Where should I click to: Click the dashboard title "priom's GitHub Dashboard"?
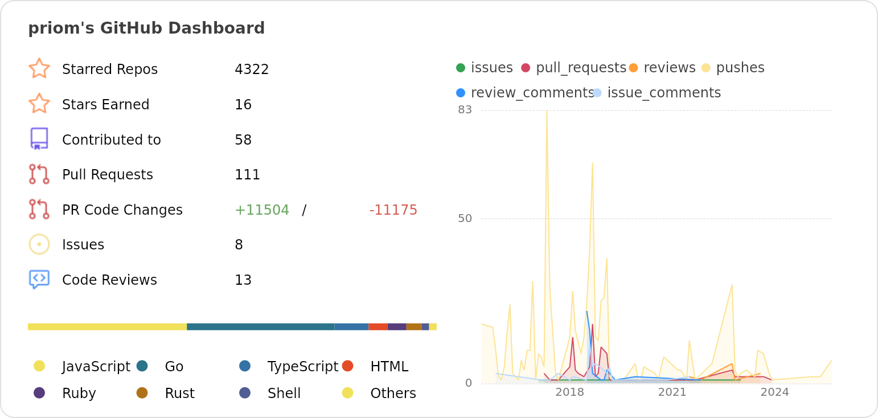point(146,28)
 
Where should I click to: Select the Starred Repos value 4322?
point(252,69)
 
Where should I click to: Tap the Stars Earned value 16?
point(243,105)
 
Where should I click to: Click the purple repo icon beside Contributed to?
point(39,139)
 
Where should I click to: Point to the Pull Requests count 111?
point(247,175)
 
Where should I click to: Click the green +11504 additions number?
point(262,210)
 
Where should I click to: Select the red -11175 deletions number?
point(393,210)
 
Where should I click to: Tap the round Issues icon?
point(39,244)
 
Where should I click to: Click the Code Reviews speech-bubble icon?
point(39,279)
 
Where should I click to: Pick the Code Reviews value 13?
point(243,280)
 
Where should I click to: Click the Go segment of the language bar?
point(260,327)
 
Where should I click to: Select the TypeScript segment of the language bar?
point(351,327)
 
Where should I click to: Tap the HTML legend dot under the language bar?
point(348,366)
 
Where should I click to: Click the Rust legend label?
point(179,394)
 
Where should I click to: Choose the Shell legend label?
point(284,394)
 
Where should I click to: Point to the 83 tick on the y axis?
point(465,109)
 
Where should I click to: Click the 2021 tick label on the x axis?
point(672,392)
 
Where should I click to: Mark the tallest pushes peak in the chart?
point(547,111)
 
